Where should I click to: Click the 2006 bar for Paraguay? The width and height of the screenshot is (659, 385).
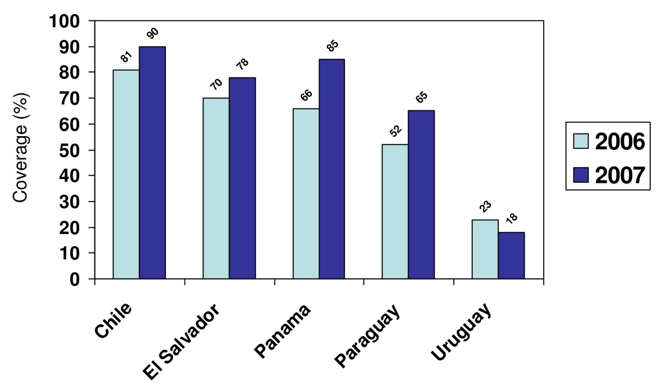coord(395,211)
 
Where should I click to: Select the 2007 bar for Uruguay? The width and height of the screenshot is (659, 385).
coord(511,255)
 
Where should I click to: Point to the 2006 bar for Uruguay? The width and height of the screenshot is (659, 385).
coord(485,249)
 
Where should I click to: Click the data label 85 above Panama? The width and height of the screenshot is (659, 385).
coord(331,48)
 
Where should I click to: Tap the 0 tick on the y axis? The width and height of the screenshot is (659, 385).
coord(81,279)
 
